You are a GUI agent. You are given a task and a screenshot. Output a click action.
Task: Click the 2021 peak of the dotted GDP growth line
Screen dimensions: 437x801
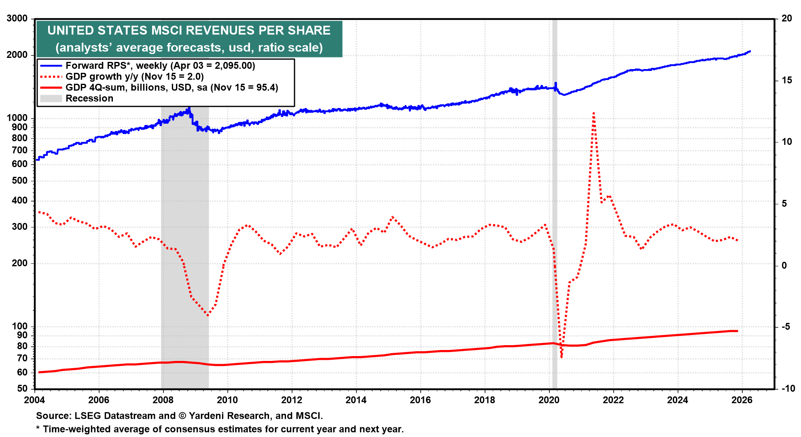pos(593,113)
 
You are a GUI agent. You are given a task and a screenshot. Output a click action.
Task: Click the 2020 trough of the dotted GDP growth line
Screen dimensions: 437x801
pos(562,357)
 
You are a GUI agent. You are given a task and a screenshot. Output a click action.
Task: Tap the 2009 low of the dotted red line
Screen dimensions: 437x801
pos(208,315)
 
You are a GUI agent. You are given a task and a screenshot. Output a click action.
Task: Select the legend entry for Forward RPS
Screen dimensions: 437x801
pos(160,66)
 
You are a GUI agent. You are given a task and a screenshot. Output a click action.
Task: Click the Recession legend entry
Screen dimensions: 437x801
pos(89,98)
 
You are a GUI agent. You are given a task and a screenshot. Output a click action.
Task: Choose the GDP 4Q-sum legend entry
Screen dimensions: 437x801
pos(172,87)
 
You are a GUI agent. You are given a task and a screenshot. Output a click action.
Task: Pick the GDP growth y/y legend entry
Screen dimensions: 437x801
pos(134,76)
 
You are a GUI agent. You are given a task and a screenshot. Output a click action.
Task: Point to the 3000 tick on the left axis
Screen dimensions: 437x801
pos(17,19)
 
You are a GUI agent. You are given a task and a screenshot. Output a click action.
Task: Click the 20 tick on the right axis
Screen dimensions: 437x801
pos(787,19)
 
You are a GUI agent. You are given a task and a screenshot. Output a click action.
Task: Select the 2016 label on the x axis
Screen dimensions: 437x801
pos(420,400)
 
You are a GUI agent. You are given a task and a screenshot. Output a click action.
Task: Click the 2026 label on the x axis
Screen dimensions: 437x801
pos(742,400)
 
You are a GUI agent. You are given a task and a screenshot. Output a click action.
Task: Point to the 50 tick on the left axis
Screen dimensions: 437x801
pos(22,388)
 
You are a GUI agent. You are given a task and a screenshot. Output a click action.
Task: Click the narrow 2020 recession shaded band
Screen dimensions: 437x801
pos(555,202)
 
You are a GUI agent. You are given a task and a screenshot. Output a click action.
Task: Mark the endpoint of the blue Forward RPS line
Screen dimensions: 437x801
pos(750,51)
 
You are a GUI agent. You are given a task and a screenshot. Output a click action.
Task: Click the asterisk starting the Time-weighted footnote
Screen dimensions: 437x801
pos(38,429)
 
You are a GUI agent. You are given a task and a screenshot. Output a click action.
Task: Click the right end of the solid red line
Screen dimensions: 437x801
pos(737,331)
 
